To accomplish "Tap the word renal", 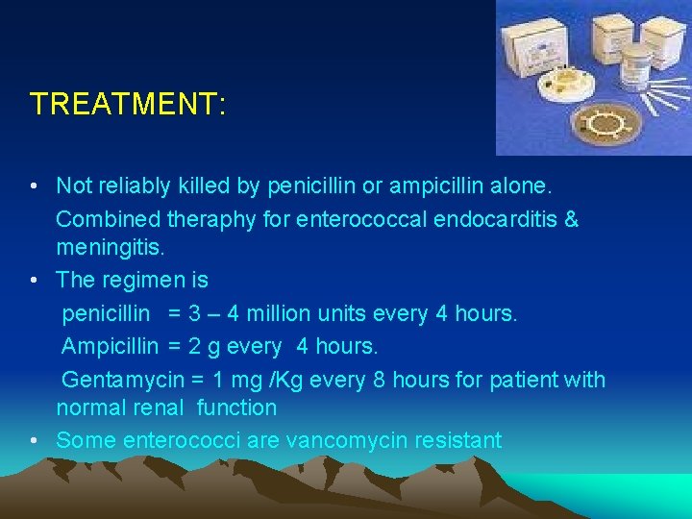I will click(x=157, y=408).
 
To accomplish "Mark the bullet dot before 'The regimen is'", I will click(x=35, y=281).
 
